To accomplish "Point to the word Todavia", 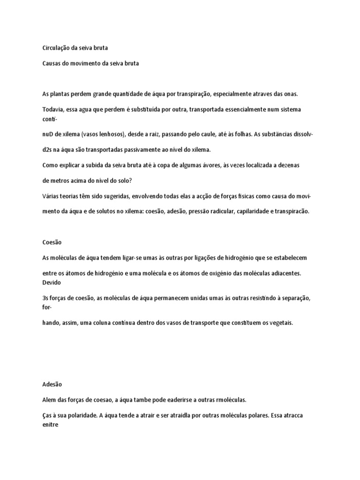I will (x=53, y=109).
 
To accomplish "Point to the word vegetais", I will (x=281, y=323).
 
